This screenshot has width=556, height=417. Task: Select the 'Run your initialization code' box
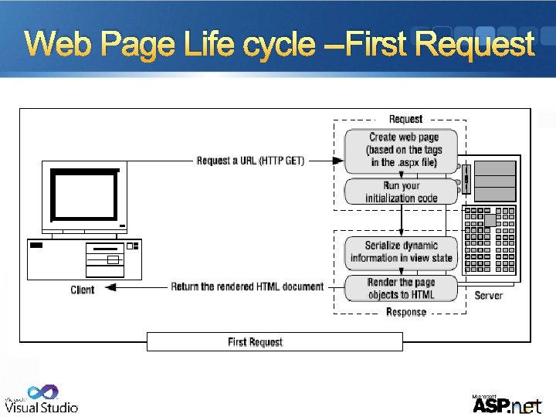point(401,192)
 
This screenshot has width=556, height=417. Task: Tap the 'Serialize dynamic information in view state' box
point(401,252)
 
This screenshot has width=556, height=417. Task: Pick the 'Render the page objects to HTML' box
point(401,288)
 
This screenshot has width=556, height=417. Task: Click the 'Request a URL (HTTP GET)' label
point(250,161)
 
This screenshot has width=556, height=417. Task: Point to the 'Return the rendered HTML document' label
point(247,286)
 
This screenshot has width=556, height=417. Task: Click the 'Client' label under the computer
point(82,290)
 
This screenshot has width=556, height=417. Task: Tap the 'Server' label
point(488,295)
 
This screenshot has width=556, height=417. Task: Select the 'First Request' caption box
point(274,341)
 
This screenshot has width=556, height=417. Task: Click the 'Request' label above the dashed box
point(405,119)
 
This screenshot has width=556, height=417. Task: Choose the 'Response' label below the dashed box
point(405,312)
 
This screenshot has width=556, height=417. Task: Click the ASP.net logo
point(506,404)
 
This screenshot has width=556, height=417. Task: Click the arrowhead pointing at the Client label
point(110,287)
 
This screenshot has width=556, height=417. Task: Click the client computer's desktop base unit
point(83,259)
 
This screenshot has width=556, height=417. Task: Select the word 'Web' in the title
point(62,45)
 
